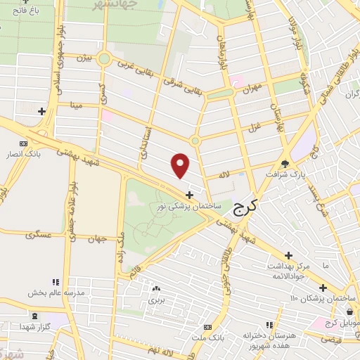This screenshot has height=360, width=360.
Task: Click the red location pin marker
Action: coord(181,165)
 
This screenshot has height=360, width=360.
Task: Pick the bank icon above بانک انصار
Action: coord(24,143)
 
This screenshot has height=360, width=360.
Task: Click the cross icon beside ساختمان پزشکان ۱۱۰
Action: coord(323,287)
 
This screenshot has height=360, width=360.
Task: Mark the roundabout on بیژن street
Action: coord(105,59)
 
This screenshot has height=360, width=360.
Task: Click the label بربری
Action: coord(155,299)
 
